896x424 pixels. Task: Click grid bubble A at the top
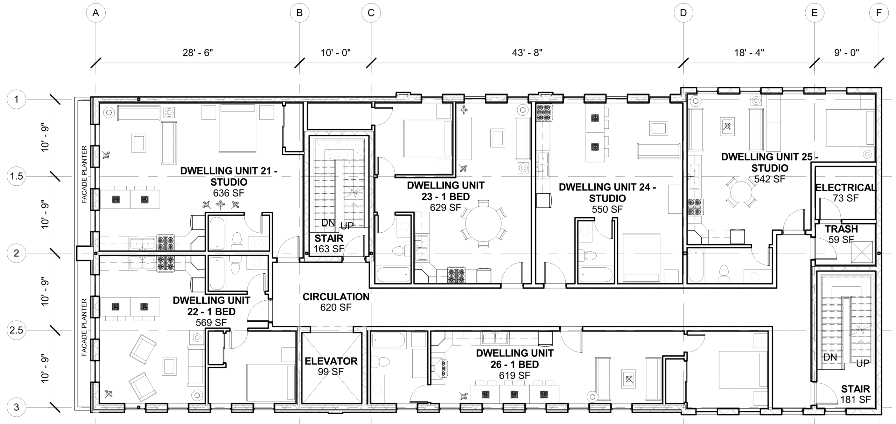click(x=96, y=13)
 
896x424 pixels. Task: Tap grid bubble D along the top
click(x=683, y=13)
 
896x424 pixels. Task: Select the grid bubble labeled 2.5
click(x=16, y=330)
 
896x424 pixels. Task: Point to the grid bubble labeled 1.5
click(x=16, y=176)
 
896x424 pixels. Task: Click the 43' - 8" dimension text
click(x=527, y=53)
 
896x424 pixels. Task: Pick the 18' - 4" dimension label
click(x=749, y=53)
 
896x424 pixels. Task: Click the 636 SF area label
click(x=229, y=193)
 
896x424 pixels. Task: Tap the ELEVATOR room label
click(x=331, y=361)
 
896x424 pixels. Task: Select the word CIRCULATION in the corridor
click(x=336, y=297)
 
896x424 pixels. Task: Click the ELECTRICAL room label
click(x=845, y=188)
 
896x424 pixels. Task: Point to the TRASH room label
click(x=841, y=229)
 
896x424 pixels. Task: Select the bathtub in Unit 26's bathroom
click(x=388, y=340)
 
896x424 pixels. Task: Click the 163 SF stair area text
click(x=329, y=249)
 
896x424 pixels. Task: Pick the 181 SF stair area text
click(x=855, y=399)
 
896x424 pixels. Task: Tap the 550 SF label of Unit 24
click(x=607, y=210)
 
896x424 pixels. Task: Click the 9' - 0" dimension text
click(x=846, y=53)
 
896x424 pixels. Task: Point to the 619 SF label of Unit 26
click(x=514, y=376)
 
